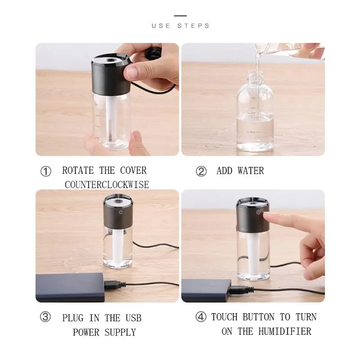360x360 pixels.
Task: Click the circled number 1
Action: click(46, 171)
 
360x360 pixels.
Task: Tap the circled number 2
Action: click(201, 171)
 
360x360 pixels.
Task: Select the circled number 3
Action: click(45, 317)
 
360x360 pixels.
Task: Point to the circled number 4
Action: click(201, 317)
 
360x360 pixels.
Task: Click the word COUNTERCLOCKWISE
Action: click(107, 185)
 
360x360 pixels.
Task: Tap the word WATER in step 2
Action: click(251, 171)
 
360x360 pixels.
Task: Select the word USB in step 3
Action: click(133, 318)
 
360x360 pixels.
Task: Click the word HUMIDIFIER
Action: click(285, 331)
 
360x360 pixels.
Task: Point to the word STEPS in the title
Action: click(193, 26)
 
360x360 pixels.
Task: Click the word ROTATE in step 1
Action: click(78, 171)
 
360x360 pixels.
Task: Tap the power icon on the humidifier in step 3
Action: click(121, 212)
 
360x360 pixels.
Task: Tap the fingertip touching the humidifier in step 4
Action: click(267, 216)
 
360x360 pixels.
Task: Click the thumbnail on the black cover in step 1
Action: click(130, 72)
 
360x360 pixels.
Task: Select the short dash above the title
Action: click(180, 16)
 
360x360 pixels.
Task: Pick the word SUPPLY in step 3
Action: click(120, 332)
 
